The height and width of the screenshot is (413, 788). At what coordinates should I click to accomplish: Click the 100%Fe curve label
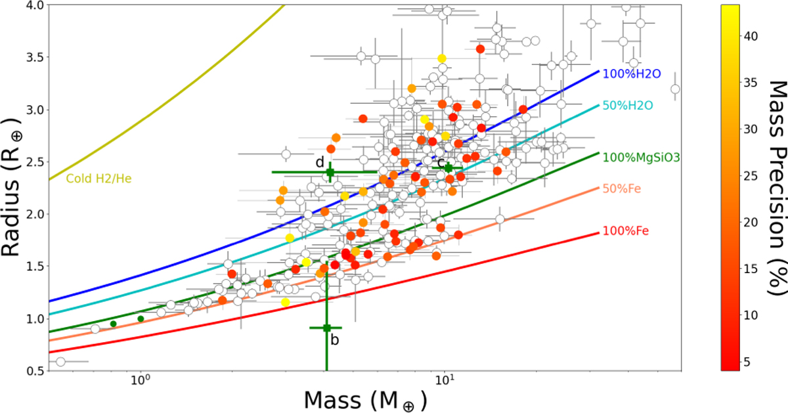click(x=620, y=231)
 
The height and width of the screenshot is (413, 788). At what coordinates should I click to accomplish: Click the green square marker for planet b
click(x=326, y=328)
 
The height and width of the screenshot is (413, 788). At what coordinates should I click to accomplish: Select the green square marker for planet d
click(x=330, y=173)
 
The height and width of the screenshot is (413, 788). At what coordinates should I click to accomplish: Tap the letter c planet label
click(x=441, y=162)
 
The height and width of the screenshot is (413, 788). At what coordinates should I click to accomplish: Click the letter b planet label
click(x=335, y=339)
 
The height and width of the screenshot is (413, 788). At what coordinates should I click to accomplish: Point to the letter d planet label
click(x=320, y=162)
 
